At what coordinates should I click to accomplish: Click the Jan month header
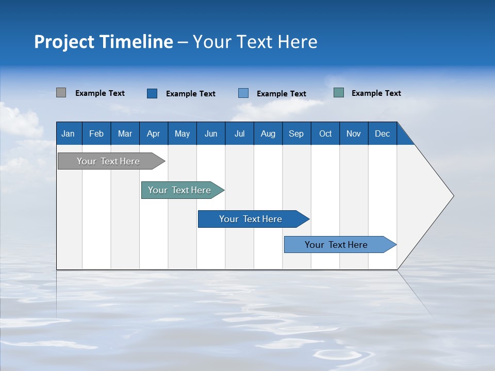pos(69,133)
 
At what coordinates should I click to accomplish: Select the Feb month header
pos(96,133)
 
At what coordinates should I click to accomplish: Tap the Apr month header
pos(154,133)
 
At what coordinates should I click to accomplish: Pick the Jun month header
pos(211,133)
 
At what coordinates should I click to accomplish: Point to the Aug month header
pos(268,133)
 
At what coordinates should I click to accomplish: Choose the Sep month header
pos(296,133)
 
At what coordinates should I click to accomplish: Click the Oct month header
pos(325,133)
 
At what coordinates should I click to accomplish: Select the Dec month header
pos(383,133)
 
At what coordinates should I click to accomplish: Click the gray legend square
pos(61,93)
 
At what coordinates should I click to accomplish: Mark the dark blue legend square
pos(152,93)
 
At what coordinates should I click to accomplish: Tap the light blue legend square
pos(243,93)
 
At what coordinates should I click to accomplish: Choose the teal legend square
pos(338,93)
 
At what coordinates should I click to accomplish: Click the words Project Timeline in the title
pos(104,42)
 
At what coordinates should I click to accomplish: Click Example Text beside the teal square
pos(376,93)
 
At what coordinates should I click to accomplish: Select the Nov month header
pos(354,133)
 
